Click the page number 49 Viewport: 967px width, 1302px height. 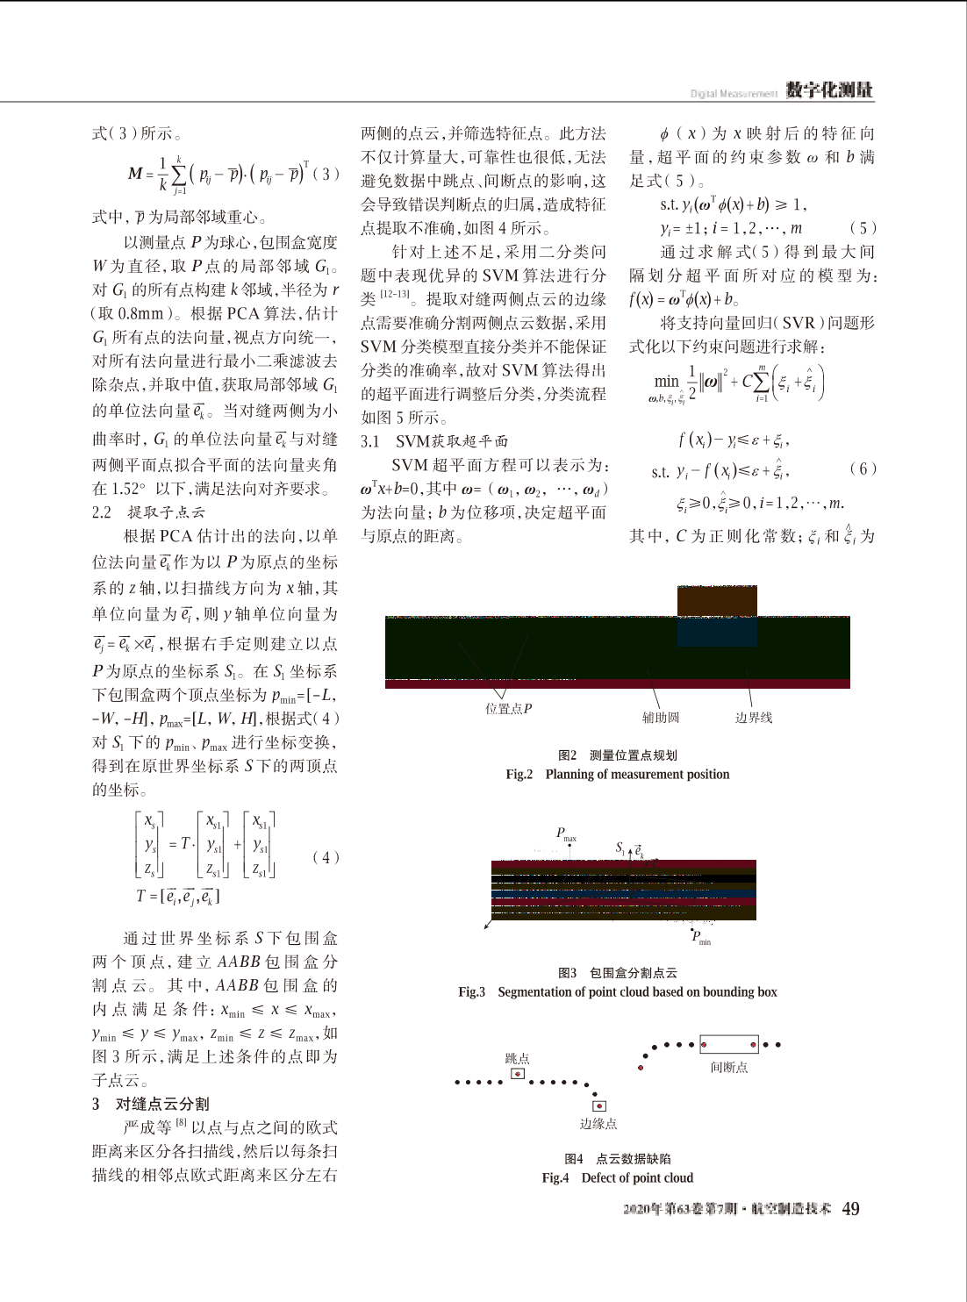coord(850,1209)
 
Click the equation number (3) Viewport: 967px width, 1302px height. coord(326,174)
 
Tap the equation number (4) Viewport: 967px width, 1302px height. coord(326,857)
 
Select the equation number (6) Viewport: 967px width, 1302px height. coord(863,469)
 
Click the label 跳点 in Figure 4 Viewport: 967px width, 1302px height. coord(517,1058)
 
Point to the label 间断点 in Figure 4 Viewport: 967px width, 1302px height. coord(729,1067)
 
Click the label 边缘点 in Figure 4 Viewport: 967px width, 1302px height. coord(598,1123)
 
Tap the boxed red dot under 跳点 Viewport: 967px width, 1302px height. coord(518,1074)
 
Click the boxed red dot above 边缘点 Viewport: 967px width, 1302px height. coord(598,1105)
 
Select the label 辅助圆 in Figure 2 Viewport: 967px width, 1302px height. coord(661,718)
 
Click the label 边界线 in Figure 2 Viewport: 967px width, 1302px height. coord(754,718)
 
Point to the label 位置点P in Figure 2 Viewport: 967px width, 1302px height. coord(509,708)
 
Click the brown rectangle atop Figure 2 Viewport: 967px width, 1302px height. coord(717,601)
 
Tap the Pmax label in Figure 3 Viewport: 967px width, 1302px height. coord(566,833)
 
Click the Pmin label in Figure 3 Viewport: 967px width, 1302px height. coord(701,936)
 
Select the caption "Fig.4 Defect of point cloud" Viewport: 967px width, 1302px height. coord(617,1177)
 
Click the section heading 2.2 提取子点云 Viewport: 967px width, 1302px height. coord(148,512)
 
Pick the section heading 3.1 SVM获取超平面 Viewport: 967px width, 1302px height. coord(434,441)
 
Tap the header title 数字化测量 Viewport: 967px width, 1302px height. coord(828,89)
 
